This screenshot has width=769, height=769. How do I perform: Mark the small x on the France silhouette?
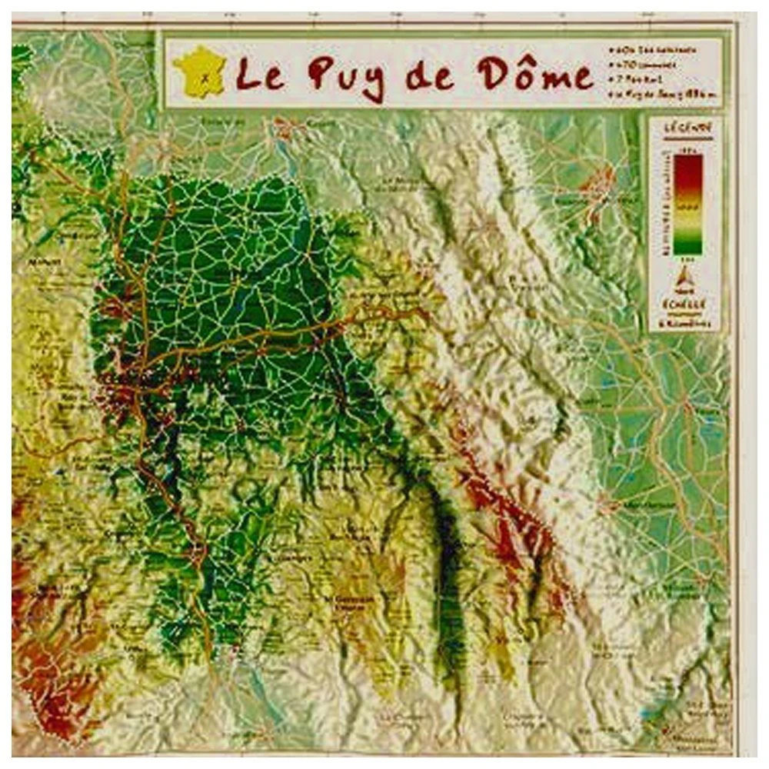[205, 76]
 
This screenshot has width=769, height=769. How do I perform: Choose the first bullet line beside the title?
[654, 48]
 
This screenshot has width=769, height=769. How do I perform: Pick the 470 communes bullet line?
[654, 65]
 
